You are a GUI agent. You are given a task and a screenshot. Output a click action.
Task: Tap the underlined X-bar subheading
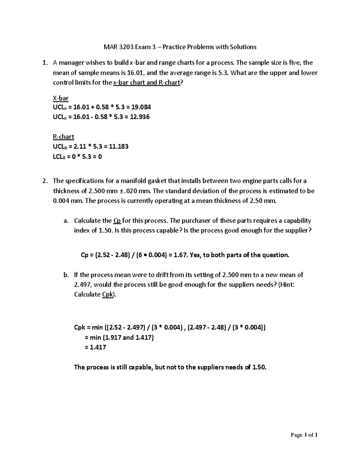tap(61, 98)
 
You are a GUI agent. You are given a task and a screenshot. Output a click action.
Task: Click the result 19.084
tap(141, 107)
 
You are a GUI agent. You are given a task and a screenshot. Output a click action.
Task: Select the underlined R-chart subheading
tap(63, 137)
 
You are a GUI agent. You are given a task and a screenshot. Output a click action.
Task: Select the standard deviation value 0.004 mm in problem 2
tap(63, 201)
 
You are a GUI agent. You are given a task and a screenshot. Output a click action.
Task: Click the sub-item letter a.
tap(66, 221)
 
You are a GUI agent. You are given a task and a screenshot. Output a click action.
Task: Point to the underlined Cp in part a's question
tap(117, 221)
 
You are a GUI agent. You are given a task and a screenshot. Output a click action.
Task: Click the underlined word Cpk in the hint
tap(108, 294)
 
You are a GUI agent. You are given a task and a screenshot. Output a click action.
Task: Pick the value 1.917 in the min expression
tap(113, 338)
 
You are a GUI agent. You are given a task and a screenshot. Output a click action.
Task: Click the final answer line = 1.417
tap(95, 347)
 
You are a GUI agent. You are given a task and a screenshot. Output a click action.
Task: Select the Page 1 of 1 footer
tap(304, 435)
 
